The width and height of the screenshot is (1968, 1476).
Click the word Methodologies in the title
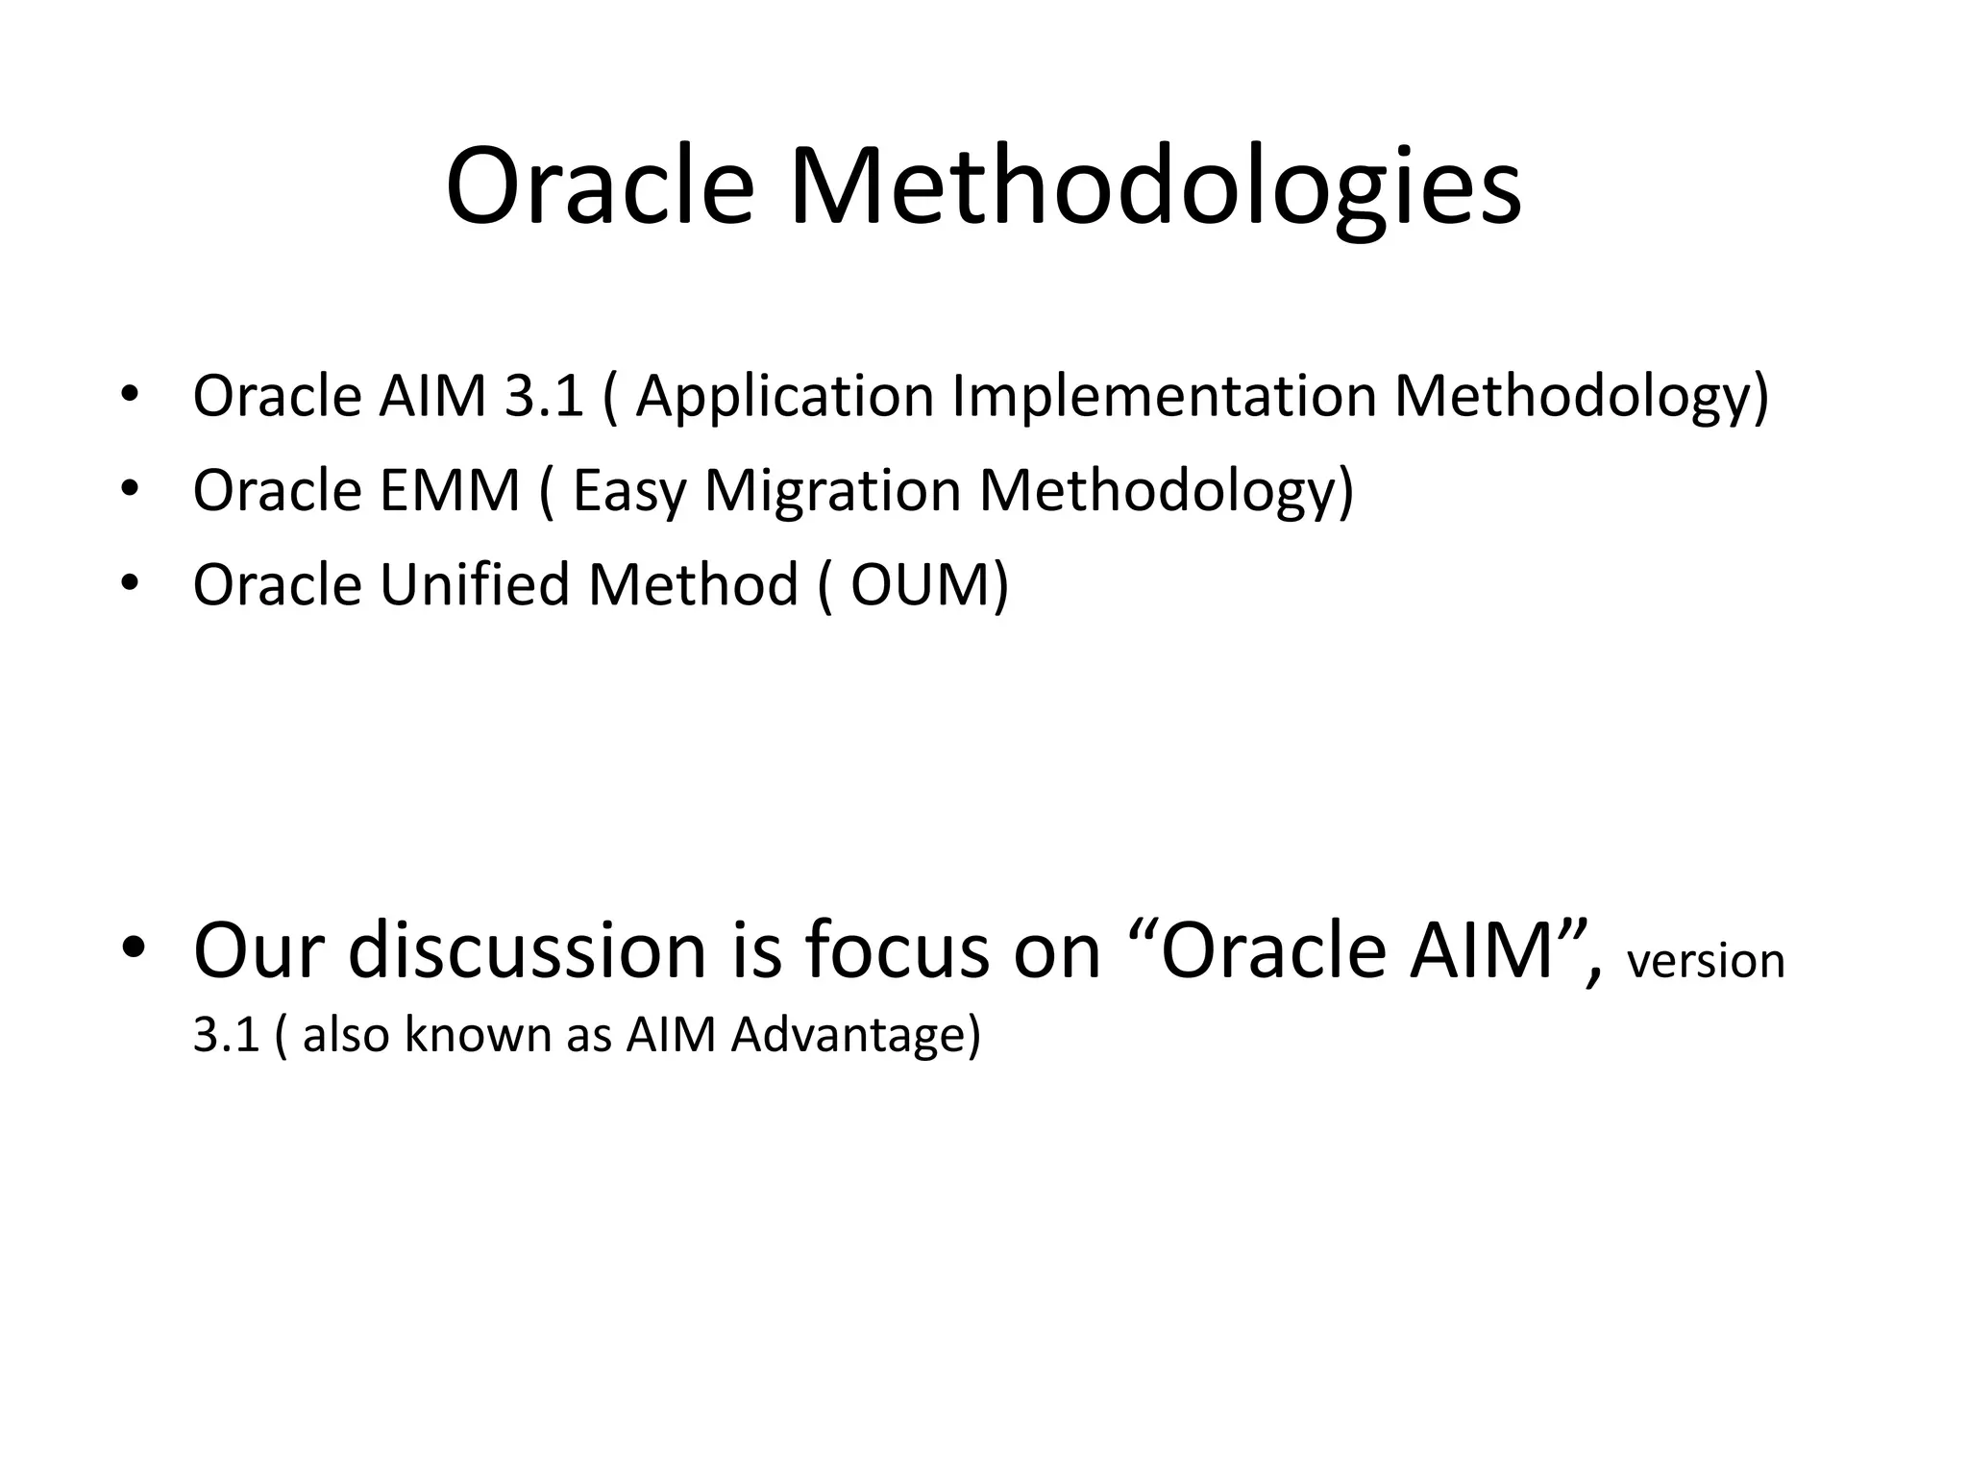tap(1154, 187)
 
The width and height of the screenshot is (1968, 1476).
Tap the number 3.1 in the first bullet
tap(544, 395)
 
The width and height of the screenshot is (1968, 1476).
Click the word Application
tap(784, 397)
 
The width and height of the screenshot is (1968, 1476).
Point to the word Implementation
tap(1165, 397)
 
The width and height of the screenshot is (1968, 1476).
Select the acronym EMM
tap(449, 490)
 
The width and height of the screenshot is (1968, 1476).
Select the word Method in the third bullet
tap(693, 584)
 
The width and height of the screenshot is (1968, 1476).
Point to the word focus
tap(896, 950)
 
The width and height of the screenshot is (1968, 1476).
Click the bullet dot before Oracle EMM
tap(131, 490)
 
